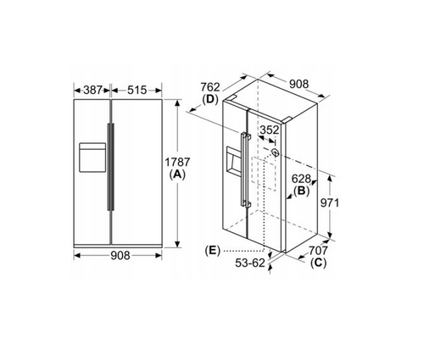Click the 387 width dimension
pos(92,90)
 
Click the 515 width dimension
pos(137,90)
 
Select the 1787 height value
pos(177,162)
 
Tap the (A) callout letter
pos(177,174)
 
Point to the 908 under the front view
pos(120,255)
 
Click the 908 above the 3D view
pos(298,84)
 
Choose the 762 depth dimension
pos(210,87)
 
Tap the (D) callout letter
pos(210,99)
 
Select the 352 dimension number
pos(270,130)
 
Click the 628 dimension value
pos(301,179)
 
